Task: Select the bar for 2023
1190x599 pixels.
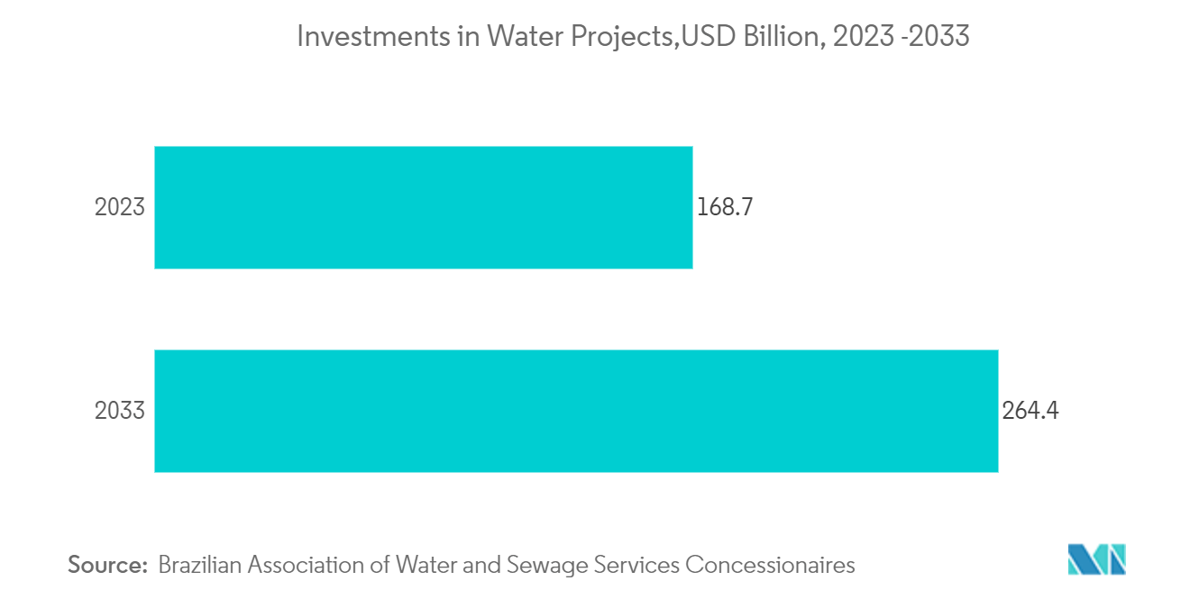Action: [423, 207]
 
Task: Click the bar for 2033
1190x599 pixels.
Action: [576, 411]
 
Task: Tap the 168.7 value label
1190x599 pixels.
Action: [724, 208]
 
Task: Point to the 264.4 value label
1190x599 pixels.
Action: [1030, 412]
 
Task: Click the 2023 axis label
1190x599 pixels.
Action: [120, 208]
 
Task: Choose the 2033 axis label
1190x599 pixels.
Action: [120, 412]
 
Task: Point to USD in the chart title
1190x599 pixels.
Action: [704, 37]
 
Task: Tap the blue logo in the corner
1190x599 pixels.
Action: [1097, 558]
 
